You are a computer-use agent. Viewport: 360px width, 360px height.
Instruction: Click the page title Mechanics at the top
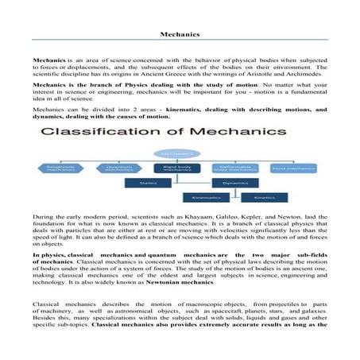(180, 35)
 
